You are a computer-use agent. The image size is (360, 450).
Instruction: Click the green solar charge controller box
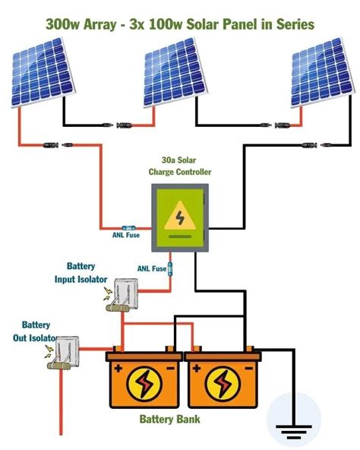click(179, 220)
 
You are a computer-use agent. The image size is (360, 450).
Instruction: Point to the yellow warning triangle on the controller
click(179, 216)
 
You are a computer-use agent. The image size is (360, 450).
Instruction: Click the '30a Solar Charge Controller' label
click(180, 166)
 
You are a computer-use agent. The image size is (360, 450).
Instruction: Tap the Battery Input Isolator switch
click(125, 296)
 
